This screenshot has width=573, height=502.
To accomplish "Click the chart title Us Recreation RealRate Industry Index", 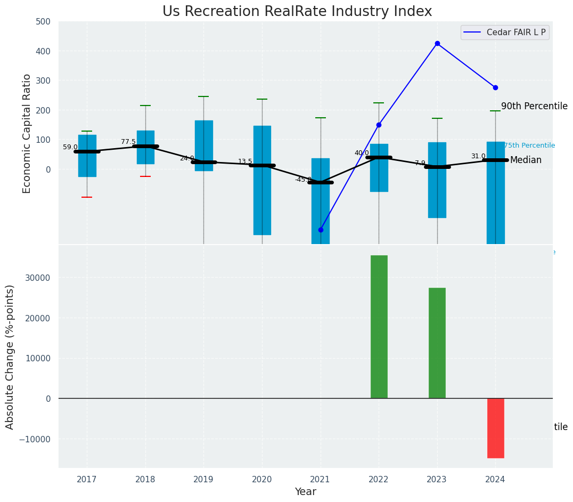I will point(297,12).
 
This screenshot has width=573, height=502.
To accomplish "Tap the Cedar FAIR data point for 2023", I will point(437,43).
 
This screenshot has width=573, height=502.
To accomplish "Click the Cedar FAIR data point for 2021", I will point(321,230).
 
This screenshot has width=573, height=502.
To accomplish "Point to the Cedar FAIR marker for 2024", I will point(495,87).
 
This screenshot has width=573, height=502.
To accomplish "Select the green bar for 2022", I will point(379,326).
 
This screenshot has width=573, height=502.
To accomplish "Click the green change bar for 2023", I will point(437,343).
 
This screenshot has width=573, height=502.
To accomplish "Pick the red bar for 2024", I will point(495,428).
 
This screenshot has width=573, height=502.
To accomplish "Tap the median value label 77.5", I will point(128,142).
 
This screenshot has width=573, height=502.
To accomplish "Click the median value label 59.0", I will point(70,147).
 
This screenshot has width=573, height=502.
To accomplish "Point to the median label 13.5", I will point(245,161).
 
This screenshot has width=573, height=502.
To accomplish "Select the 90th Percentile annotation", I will point(534,106).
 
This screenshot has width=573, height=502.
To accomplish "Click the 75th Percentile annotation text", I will point(529,145).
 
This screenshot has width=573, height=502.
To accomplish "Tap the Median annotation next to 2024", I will point(526,160).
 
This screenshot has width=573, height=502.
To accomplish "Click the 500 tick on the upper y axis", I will point(43,22).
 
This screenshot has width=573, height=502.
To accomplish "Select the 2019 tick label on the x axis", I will point(203,479).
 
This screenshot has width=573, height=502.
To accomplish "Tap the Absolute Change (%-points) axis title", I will point(10,356).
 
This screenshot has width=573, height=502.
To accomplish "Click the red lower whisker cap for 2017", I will point(87,197).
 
